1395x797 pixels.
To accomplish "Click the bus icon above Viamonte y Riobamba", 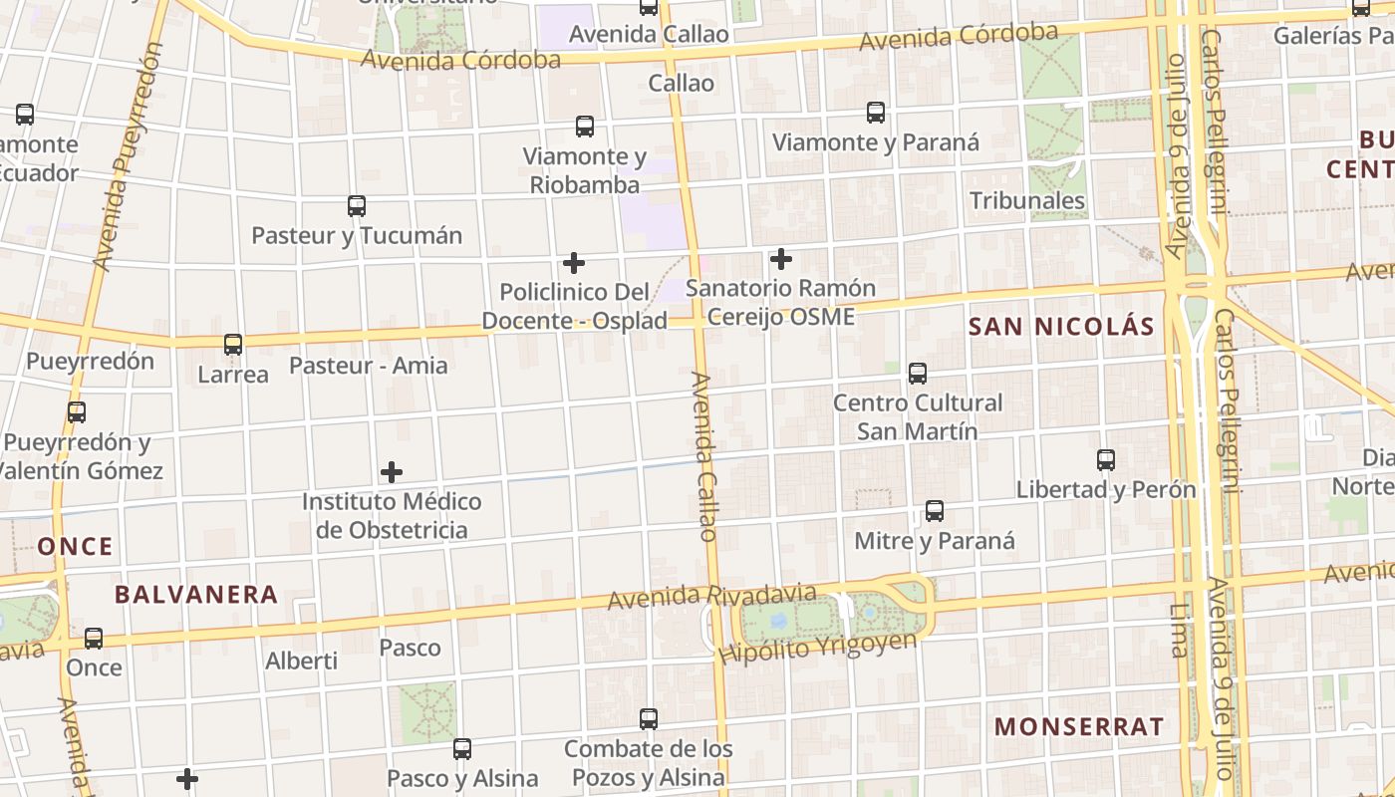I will (585, 127).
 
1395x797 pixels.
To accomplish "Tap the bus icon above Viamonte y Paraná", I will (876, 113).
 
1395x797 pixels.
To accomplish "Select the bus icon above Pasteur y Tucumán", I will (357, 206).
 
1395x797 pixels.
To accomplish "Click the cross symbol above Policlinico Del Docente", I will (574, 263).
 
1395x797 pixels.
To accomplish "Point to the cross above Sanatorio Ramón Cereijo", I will (781, 259).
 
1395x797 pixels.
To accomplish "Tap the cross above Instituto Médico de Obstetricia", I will (392, 471).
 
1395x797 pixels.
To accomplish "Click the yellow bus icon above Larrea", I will (233, 345).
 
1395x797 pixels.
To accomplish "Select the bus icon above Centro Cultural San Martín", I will (918, 374).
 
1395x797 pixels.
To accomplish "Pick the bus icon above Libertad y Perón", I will (1106, 460).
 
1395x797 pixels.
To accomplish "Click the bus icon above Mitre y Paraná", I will (935, 511).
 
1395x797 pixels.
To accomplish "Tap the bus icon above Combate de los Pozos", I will (649, 718).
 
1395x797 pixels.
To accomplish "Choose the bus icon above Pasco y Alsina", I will (462, 748).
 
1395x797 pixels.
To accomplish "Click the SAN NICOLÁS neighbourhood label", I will (1061, 326).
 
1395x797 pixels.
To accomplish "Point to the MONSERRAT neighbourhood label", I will (1078, 726).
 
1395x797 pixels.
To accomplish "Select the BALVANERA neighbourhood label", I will (196, 595).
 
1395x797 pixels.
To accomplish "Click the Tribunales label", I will (1027, 200).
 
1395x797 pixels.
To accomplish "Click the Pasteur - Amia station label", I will (369, 366).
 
